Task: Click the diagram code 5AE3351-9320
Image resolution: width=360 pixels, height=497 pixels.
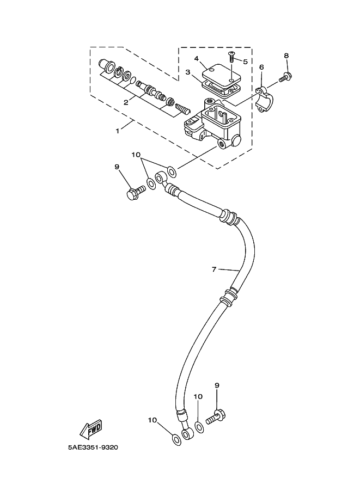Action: (x=93, y=447)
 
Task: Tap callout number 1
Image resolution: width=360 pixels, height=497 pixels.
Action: (x=117, y=131)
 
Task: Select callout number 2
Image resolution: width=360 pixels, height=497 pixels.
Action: (x=126, y=102)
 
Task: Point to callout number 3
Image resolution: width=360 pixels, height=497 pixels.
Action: (x=188, y=72)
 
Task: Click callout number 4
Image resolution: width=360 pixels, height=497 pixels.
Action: (x=197, y=59)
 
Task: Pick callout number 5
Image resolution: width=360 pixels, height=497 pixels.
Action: (x=245, y=62)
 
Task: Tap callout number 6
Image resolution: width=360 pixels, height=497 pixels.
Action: (x=261, y=67)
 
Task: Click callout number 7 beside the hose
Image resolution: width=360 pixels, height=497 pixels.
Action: (x=214, y=269)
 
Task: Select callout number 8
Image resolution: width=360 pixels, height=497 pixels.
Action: (x=286, y=56)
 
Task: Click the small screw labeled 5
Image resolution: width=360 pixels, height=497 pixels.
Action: (x=232, y=57)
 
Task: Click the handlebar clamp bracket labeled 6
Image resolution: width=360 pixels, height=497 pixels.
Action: (x=265, y=100)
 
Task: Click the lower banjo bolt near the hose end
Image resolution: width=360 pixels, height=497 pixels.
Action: (x=216, y=417)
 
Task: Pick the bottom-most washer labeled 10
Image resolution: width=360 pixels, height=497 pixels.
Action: (x=176, y=440)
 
